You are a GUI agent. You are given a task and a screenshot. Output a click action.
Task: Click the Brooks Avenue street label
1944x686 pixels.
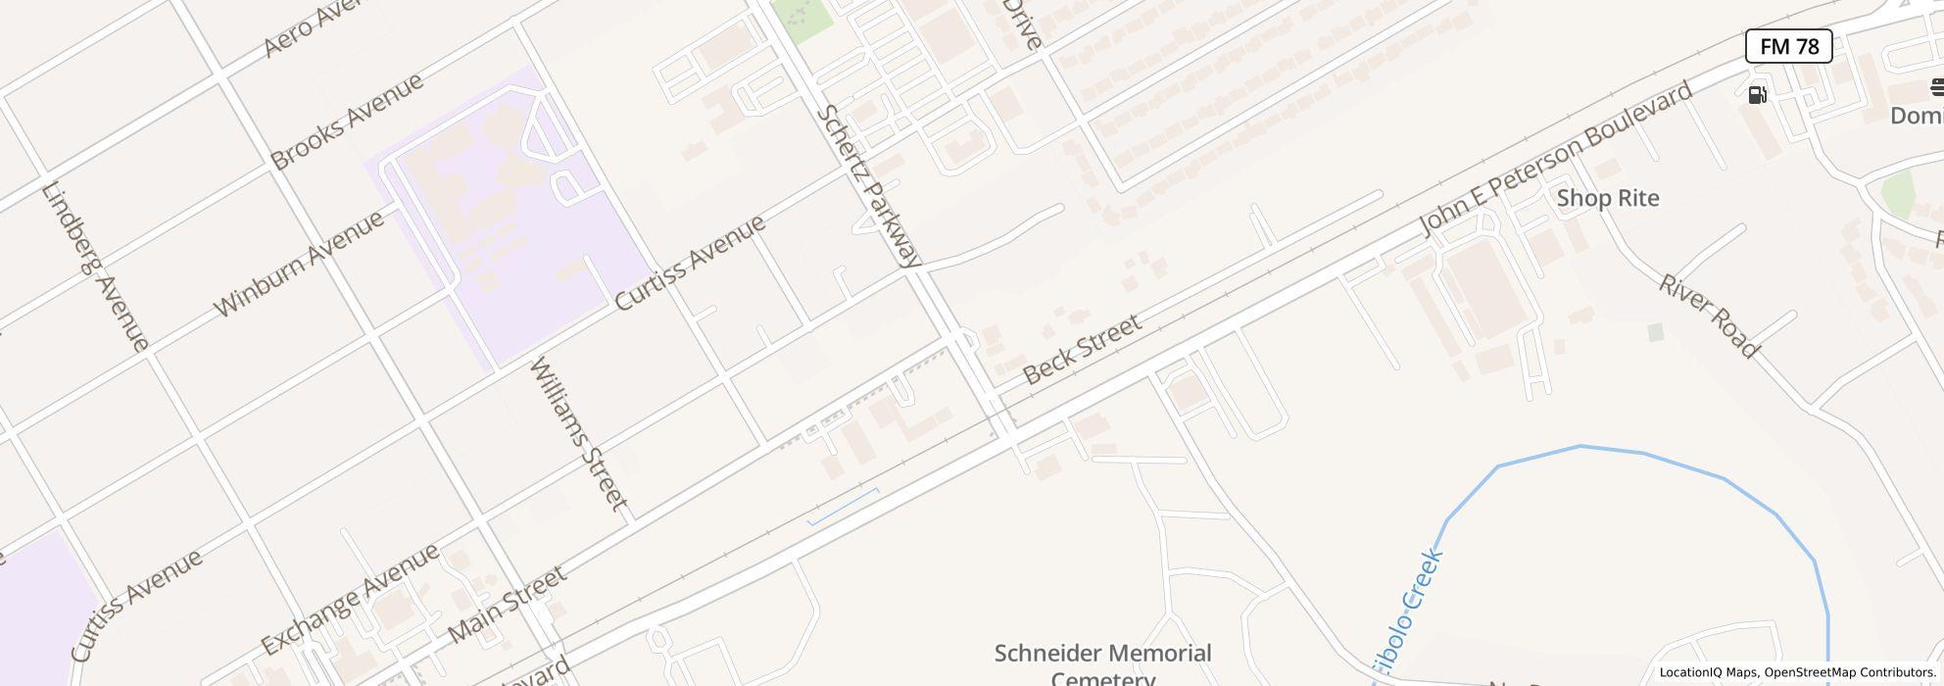point(347,121)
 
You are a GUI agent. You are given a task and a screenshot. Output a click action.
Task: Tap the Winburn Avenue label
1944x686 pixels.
point(299,264)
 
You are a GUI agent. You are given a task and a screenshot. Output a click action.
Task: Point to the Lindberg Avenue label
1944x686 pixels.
point(95,266)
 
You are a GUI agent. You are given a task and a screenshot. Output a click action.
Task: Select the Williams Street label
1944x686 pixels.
point(578,433)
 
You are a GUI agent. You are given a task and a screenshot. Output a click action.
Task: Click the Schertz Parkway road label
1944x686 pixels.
point(869,186)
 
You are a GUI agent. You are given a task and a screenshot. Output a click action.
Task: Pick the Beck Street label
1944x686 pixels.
point(1082,349)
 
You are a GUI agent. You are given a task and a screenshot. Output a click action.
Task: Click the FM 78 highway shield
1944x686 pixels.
point(1788,46)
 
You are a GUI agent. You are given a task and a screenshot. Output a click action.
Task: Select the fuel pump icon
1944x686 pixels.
point(1758,95)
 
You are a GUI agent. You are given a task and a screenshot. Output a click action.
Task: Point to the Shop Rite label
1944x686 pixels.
point(1608,198)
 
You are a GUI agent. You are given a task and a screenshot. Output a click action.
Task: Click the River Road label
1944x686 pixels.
point(1709,316)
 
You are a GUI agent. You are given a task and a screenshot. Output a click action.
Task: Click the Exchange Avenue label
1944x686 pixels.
point(350,600)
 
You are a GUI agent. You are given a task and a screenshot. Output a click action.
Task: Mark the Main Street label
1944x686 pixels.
point(507,604)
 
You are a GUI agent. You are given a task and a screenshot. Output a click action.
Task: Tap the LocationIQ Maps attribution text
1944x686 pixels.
point(1708,672)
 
